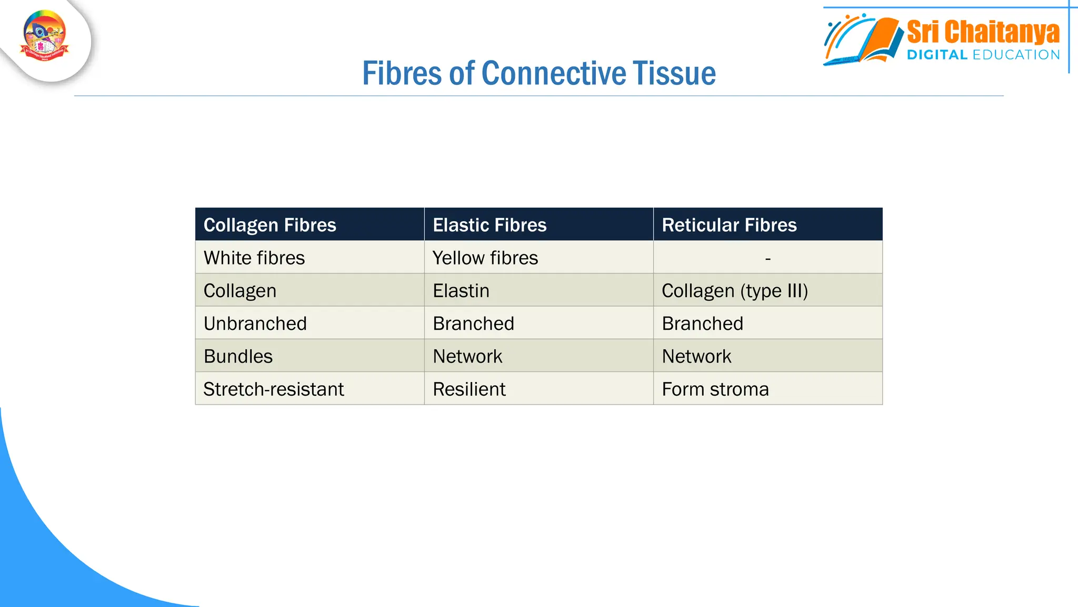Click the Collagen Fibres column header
(x=269, y=225)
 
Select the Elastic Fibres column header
(x=489, y=225)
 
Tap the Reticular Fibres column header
(x=729, y=225)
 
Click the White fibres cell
(x=254, y=258)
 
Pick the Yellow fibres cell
(x=485, y=258)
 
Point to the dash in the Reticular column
(x=767, y=258)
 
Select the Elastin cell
(x=461, y=290)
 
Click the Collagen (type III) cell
(x=734, y=290)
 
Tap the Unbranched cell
(x=255, y=323)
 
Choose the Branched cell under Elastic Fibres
(x=473, y=323)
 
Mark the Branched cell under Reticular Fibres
(x=702, y=323)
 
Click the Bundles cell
(x=238, y=356)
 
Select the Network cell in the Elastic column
(x=467, y=356)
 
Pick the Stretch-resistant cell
(x=273, y=389)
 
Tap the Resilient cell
(x=469, y=389)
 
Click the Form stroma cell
(x=715, y=389)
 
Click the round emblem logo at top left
(x=45, y=36)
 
